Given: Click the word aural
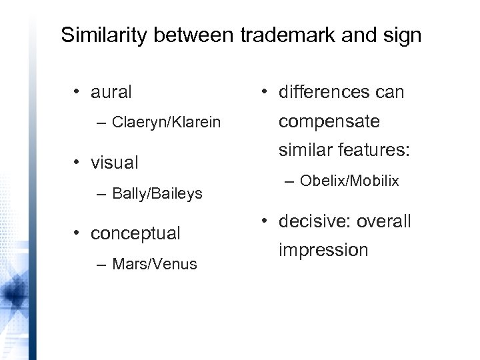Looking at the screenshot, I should coord(111,92).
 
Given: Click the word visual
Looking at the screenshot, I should coord(115,162).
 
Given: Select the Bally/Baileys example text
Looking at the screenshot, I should coord(157,194).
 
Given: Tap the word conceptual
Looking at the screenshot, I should coord(135,233).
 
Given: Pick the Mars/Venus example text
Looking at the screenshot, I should coord(155,265).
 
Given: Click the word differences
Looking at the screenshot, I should coord(324,92).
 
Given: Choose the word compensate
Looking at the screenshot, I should coord(329,122).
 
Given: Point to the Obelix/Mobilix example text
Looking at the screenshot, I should coord(349,180).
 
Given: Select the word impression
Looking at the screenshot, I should coord(323,251).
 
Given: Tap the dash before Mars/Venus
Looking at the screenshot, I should coord(100,265).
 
